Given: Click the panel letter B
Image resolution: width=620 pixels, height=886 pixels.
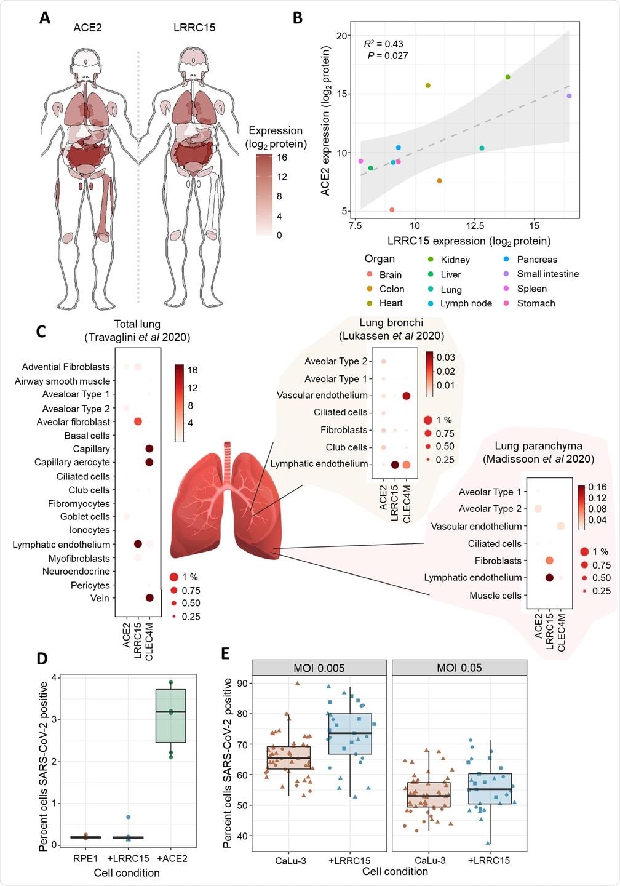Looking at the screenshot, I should (x=297, y=18).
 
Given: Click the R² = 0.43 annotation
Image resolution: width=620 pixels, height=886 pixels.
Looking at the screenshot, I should (x=383, y=44).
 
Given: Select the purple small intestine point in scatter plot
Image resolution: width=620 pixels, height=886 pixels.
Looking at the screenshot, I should (x=569, y=96).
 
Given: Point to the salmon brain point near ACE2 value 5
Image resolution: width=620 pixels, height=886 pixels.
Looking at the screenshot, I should (x=392, y=210).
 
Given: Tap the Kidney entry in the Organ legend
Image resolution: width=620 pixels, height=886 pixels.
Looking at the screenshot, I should (x=455, y=260).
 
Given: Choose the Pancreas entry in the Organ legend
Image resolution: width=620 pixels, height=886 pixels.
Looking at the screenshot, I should (x=536, y=260).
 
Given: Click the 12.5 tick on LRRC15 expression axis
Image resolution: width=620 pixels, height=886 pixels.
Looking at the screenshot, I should (x=474, y=226).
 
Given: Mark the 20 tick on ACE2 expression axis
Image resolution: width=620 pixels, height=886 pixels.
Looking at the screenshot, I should (x=342, y=36).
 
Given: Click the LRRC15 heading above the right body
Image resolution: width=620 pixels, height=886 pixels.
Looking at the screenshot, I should (x=194, y=28).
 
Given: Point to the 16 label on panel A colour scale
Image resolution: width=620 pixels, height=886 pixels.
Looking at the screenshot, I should (x=282, y=158).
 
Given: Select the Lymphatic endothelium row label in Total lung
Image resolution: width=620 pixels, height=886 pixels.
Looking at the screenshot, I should (x=62, y=545).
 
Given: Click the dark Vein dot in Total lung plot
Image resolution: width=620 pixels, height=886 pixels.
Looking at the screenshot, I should (x=149, y=597).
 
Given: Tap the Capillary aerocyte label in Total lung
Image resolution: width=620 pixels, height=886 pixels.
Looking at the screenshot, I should (x=72, y=462).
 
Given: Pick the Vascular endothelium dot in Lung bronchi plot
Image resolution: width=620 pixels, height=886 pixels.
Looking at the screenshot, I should (x=406, y=396).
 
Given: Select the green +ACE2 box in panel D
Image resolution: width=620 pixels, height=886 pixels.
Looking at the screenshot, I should (x=170, y=716).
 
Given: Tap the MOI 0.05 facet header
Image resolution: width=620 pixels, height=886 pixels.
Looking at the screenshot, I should (x=459, y=668).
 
